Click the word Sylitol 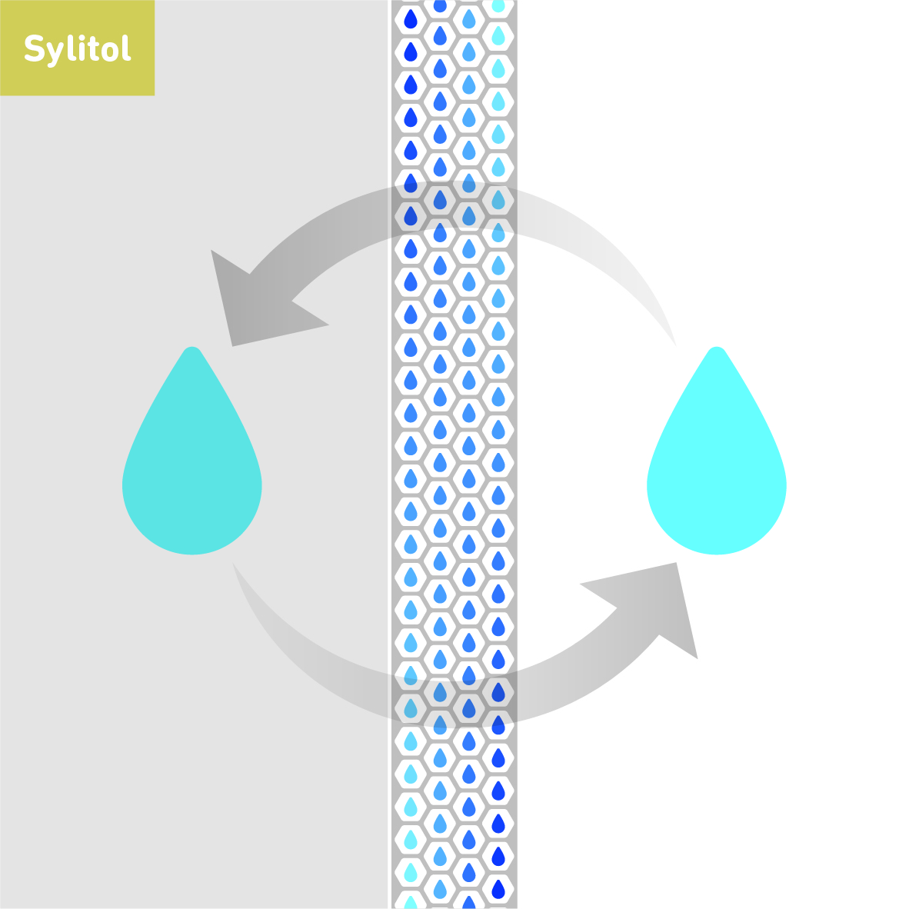[77, 49]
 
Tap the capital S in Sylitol [33, 49]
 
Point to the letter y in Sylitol [51, 53]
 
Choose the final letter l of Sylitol [125, 48]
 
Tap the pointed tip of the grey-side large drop [192, 350]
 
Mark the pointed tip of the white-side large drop [717, 350]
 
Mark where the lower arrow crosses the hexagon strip [454, 700]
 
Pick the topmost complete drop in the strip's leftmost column [411, 18]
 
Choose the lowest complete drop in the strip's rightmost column [498, 889]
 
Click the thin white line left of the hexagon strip [389, 461]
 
